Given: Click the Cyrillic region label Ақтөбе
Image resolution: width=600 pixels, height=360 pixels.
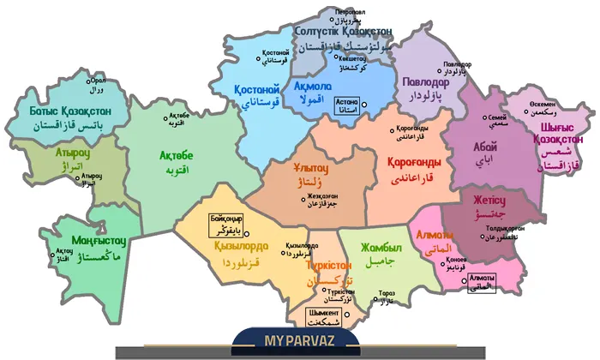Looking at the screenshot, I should pyautogui.click(x=177, y=155).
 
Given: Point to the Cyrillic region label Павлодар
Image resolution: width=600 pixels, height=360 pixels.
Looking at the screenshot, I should pyautogui.click(x=431, y=82).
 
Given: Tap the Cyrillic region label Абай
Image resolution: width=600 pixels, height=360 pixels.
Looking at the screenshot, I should pyautogui.click(x=484, y=147).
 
